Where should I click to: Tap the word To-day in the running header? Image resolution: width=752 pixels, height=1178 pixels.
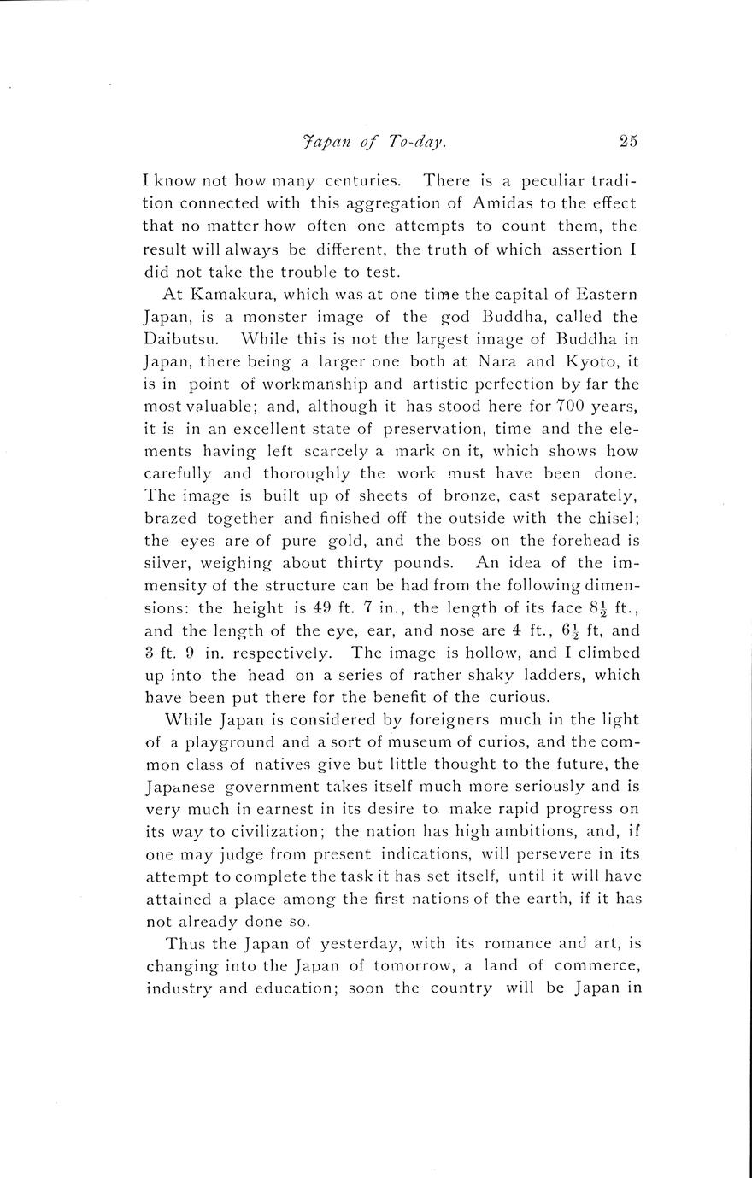pos(417,143)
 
